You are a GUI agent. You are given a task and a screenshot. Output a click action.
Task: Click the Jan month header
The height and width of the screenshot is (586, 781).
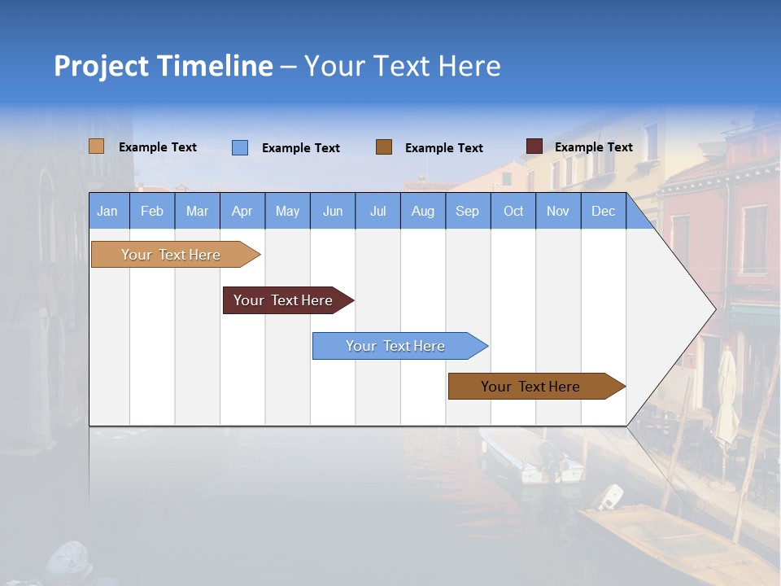107,212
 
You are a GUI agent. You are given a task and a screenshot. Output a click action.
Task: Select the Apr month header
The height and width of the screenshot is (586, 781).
242,212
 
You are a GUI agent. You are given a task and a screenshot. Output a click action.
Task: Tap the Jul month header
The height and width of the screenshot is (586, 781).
377,212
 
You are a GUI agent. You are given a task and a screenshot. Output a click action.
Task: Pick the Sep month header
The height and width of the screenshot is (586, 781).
467,212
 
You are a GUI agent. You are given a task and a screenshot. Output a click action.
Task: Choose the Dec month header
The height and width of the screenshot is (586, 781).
603,212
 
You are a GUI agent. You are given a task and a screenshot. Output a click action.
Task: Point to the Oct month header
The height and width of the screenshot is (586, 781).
513,212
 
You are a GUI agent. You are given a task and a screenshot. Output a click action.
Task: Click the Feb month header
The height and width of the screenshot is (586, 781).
152,212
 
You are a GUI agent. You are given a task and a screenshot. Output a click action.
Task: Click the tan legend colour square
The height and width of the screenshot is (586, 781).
97,146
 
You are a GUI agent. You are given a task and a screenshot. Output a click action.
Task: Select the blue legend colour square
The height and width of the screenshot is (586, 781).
240,147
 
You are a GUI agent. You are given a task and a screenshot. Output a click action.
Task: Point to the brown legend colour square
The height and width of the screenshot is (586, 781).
384,147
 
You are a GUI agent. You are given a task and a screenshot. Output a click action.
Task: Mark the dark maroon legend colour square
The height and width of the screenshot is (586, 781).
534,146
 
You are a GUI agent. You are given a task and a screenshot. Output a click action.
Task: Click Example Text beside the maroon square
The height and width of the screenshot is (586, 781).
593,147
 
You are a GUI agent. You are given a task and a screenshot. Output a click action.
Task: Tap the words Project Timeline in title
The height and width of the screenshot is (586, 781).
163,66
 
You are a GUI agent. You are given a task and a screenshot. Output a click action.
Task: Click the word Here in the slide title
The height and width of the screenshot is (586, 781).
469,66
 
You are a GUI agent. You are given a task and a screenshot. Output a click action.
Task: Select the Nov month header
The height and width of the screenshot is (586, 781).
558,212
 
